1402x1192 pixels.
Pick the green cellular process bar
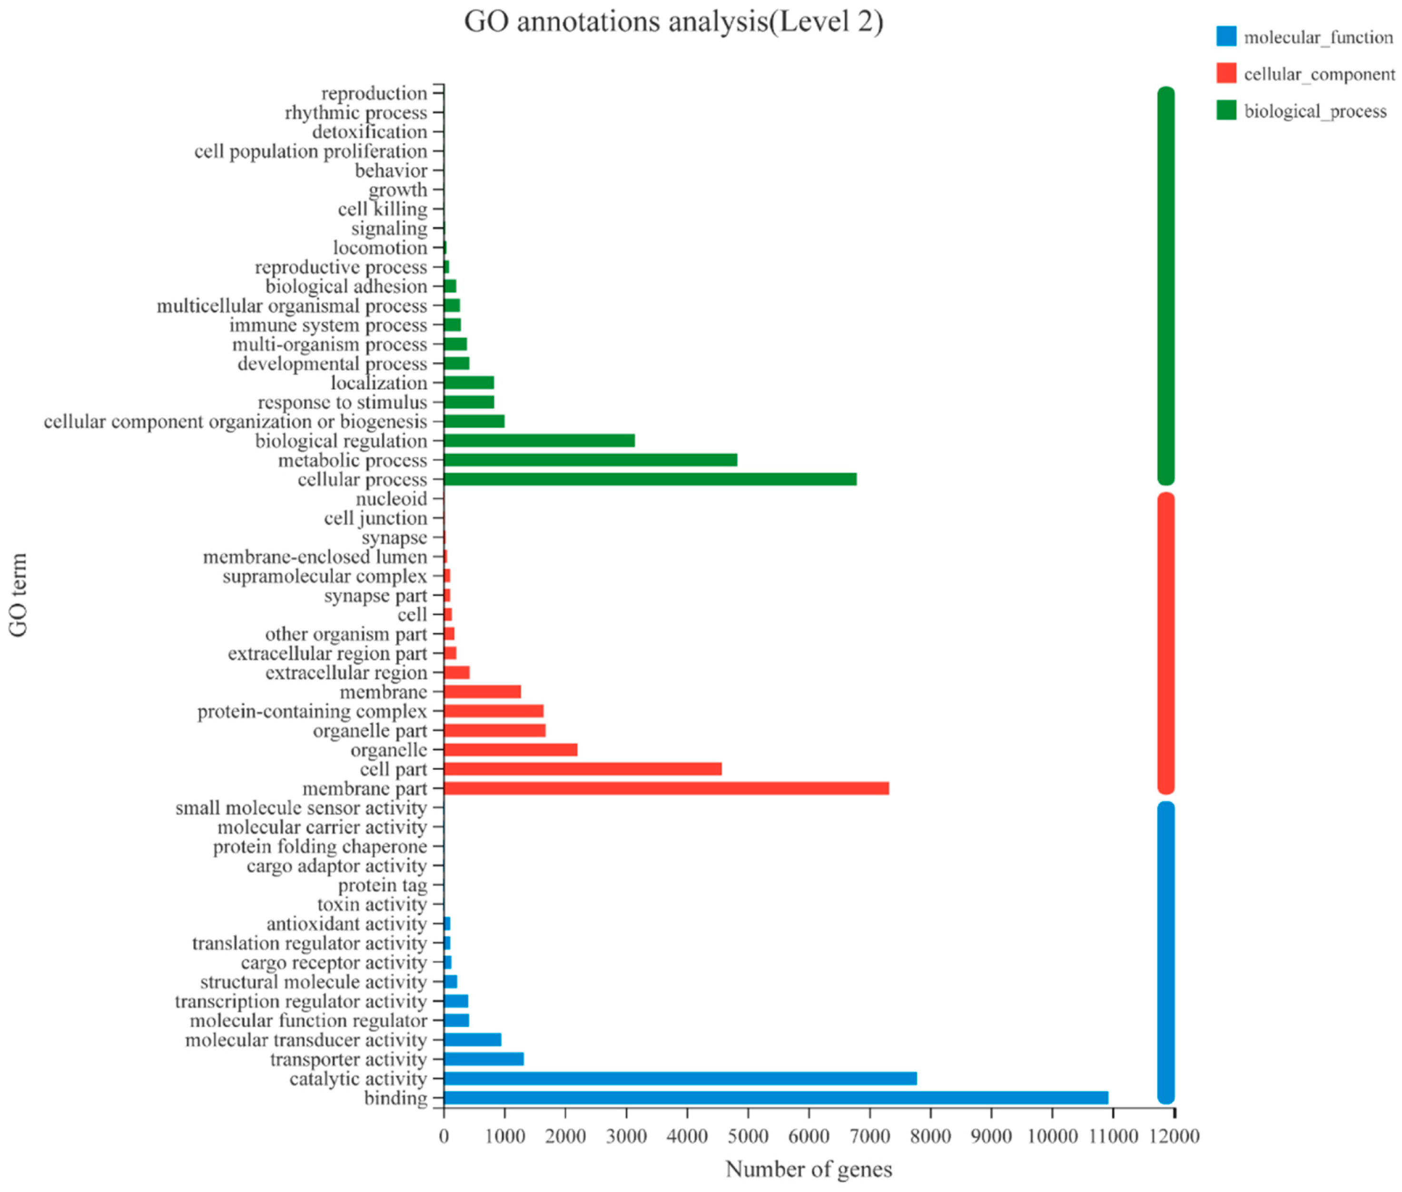[x=649, y=479]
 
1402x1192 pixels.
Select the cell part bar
[x=582, y=769]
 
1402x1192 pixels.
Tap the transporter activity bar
[x=483, y=1059]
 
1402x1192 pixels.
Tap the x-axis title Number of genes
[x=808, y=1170]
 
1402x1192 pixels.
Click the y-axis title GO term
[x=18, y=595]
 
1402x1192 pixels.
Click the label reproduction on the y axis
[x=374, y=93]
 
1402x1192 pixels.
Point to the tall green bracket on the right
[x=1165, y=286]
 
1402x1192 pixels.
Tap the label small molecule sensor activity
[x=301, y=808]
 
